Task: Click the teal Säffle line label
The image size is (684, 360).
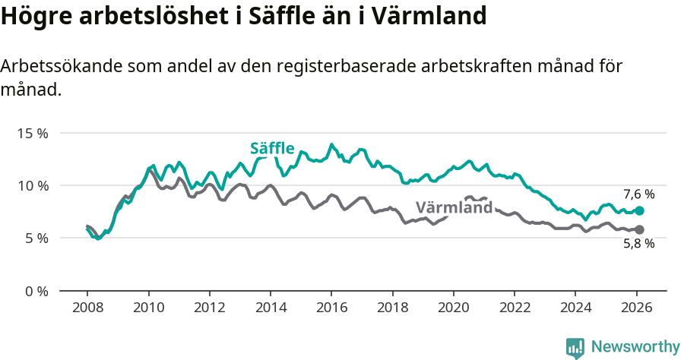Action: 272,148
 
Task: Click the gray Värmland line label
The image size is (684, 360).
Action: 454,207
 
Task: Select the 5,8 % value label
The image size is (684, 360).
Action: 638,244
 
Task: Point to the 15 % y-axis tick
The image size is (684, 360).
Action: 32,133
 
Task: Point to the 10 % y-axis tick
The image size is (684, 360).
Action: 32,185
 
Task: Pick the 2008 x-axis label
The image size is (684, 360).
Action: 87,308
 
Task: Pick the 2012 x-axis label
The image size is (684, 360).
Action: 209,308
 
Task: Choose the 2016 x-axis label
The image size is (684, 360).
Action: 331,308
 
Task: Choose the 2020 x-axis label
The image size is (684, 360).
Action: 454,308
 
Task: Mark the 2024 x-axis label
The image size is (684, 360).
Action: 575,308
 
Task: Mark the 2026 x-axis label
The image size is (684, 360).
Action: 637,308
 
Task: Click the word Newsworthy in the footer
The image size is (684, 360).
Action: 635,346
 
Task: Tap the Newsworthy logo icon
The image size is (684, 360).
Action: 575,348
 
